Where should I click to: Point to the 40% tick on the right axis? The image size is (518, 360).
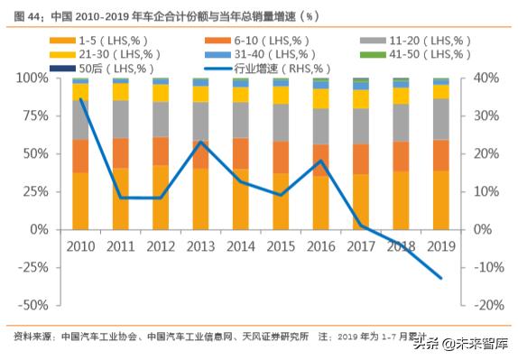(x=480, y=78)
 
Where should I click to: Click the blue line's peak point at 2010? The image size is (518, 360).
(x=81, y=99)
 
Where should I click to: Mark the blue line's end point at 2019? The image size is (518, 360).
(x=441, y=278)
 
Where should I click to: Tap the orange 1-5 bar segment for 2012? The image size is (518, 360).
(x=161, y=197)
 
